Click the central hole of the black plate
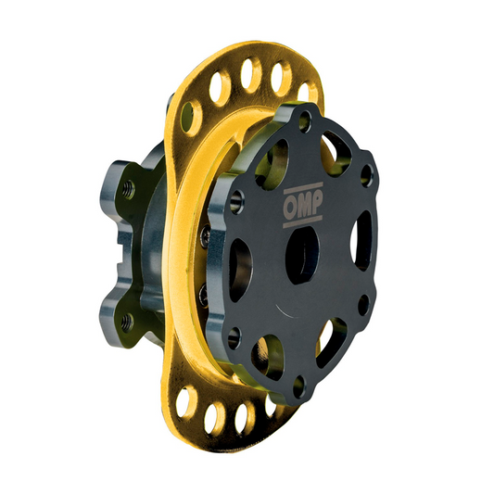point(302,252)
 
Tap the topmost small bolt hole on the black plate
point(306,119)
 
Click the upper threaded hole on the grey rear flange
point(127,188)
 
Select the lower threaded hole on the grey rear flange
point(126,321)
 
